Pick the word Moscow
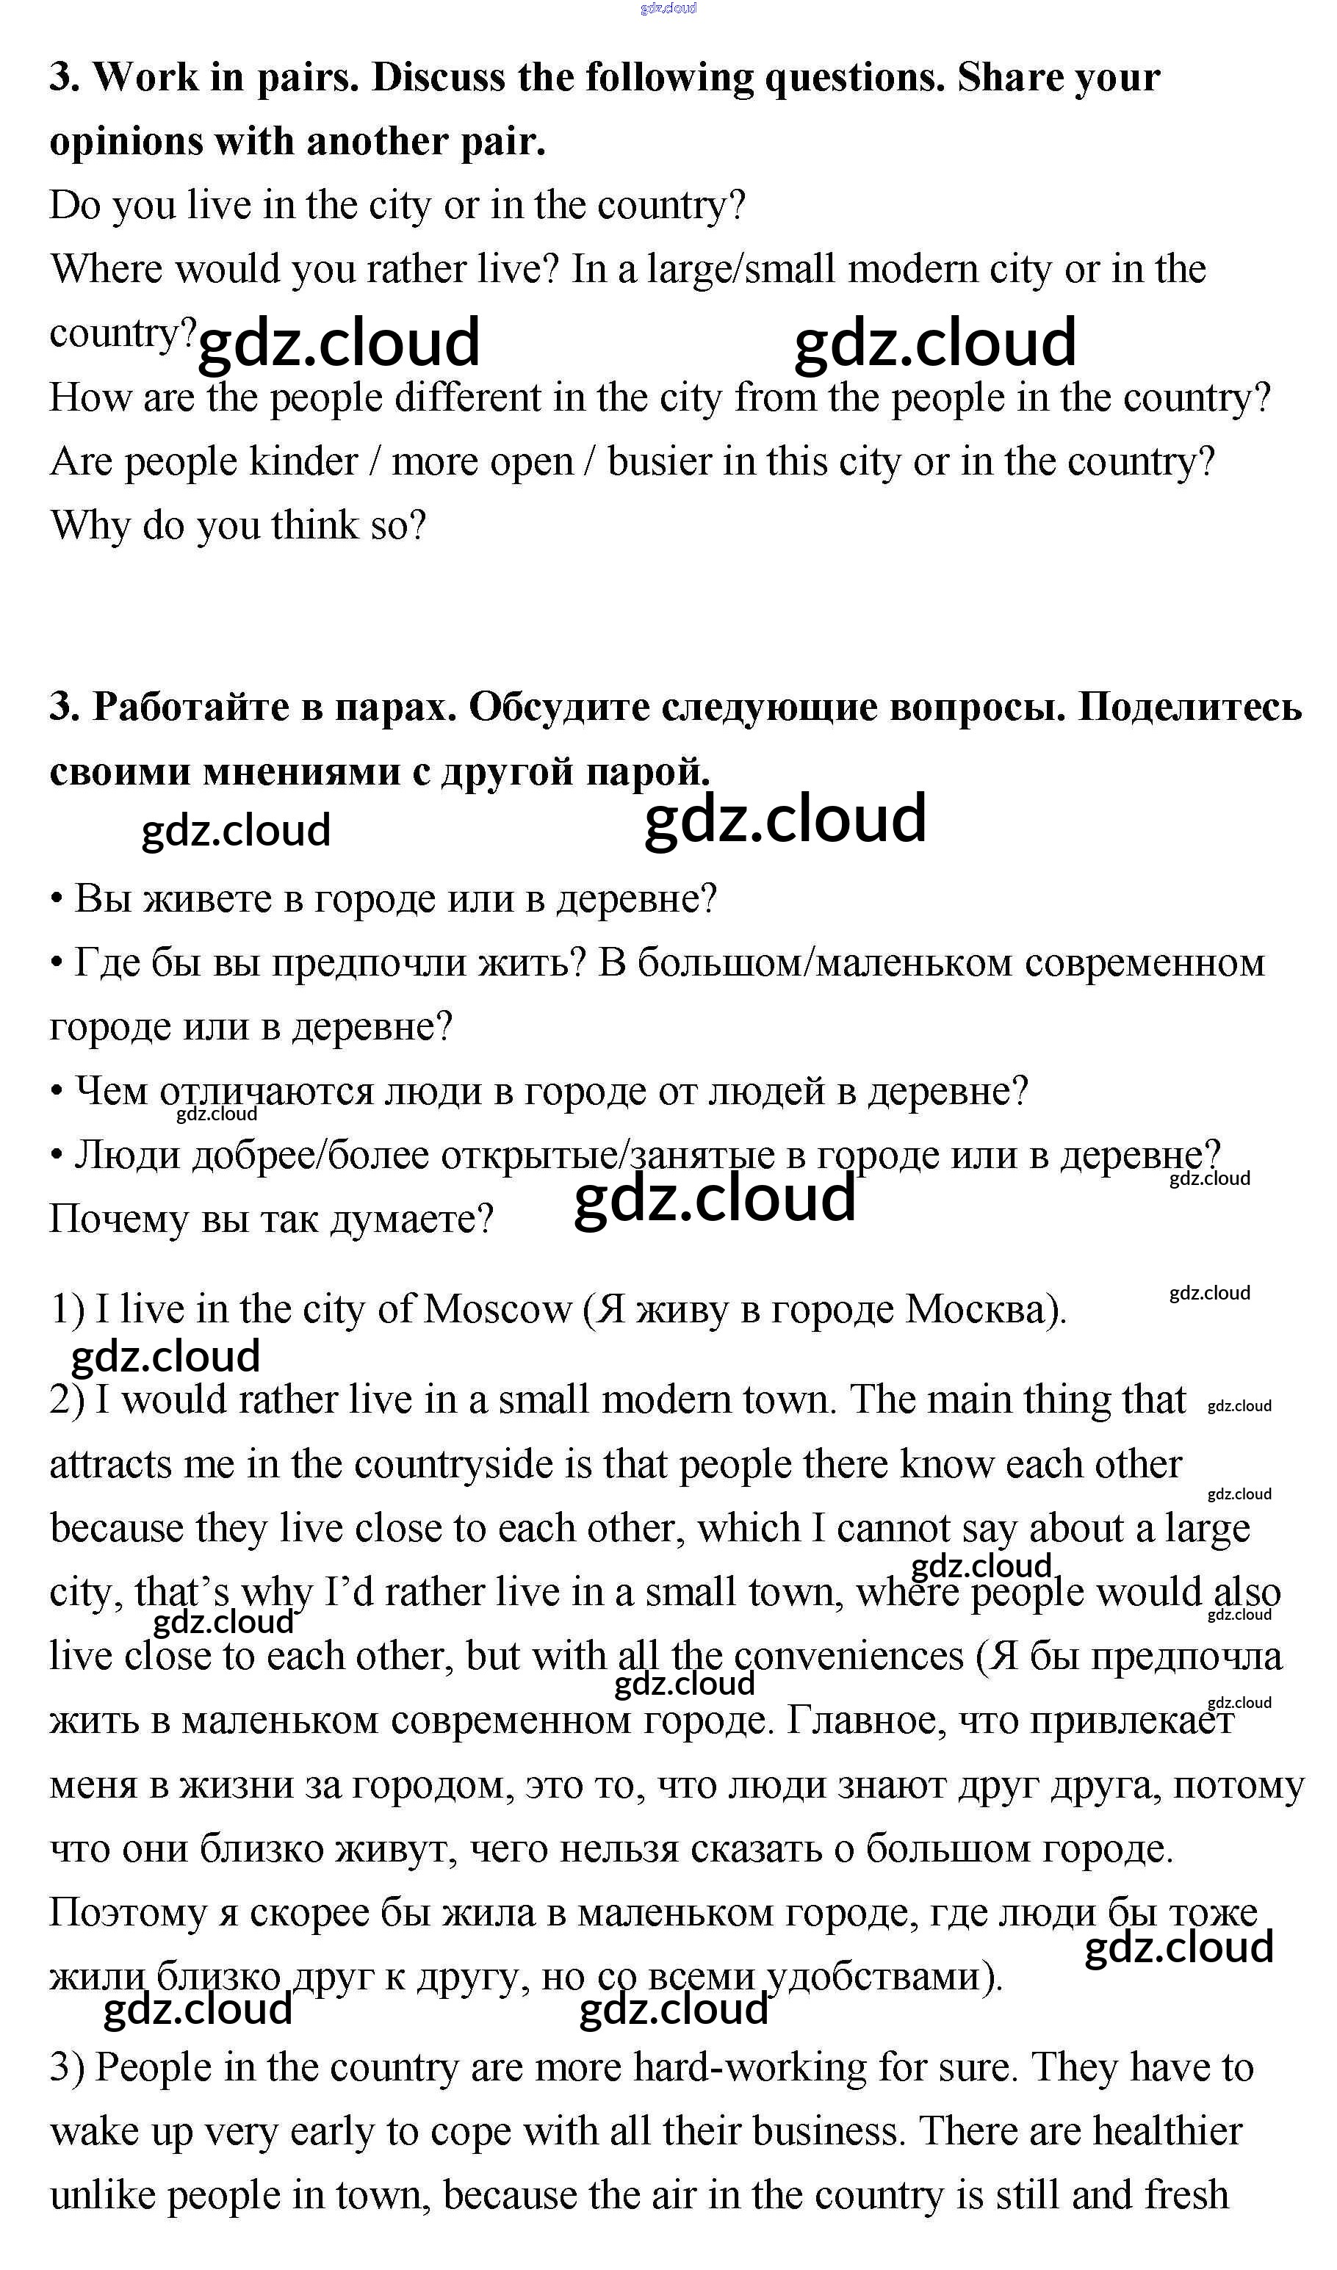[x=497, y=1310]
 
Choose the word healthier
[x=1167, y=2131]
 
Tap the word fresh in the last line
[x=1186, y=2195]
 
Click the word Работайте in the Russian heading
[x=190, y=708]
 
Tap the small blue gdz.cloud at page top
[x=668, y=8]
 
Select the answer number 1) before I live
[x=67, y=1310]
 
